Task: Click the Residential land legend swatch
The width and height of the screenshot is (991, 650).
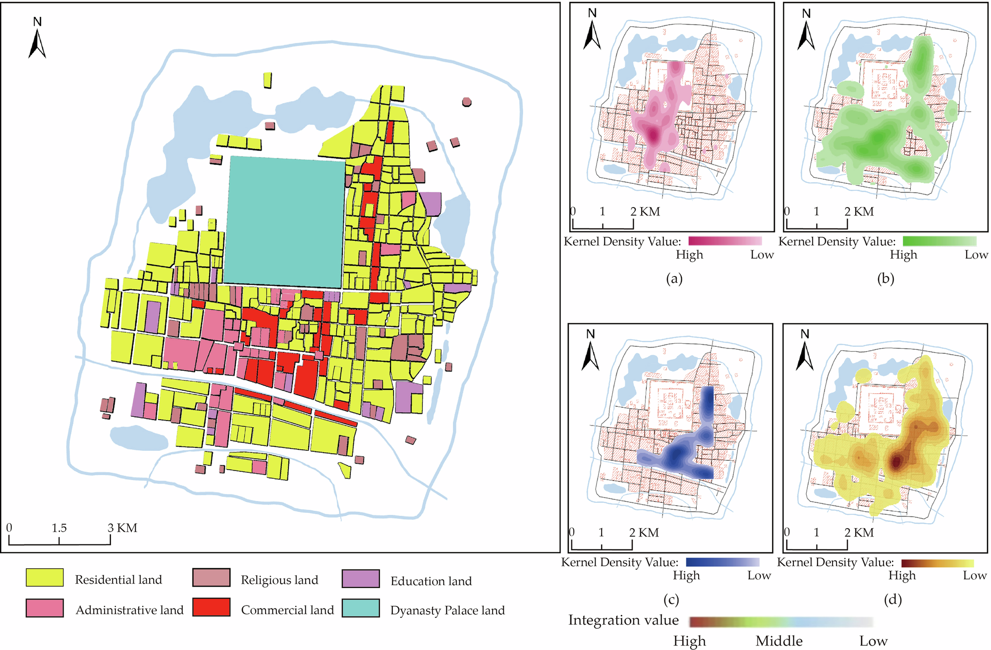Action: pos(45,578)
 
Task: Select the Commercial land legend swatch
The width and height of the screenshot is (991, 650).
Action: pos(212,607)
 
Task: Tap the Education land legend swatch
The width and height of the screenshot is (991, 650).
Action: pos(361,579)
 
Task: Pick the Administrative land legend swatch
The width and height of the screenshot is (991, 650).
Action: pos(45,608)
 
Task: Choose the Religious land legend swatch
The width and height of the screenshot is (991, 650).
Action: pos(212,578)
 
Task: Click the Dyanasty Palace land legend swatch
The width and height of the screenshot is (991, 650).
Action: pos(361,608)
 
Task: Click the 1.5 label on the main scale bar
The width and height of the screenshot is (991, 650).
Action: pos(59,528)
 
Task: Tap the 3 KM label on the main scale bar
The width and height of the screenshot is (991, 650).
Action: pos(123,528)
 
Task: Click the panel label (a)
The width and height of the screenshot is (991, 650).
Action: pos(674,278)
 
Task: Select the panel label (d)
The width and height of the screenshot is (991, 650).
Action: pos(892,599)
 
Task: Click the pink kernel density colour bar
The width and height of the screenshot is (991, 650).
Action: pos(725,241)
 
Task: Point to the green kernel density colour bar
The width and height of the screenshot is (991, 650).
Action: pos(939,241)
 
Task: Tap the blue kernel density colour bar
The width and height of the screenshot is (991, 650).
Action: pos(722,562)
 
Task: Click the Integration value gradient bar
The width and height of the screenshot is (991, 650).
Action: pos(781,622)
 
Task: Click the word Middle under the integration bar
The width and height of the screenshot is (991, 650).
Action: pos(779,641)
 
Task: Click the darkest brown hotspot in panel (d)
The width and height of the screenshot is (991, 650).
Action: pos(897,463)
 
